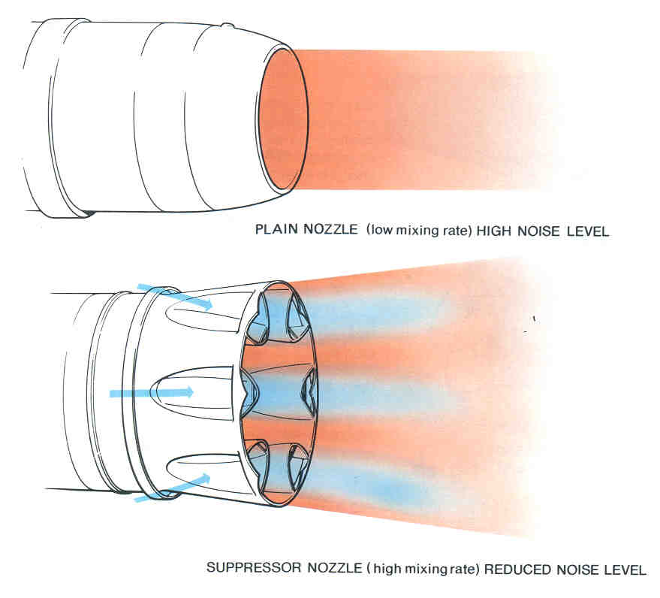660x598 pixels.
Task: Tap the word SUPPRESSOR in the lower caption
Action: [243, 569]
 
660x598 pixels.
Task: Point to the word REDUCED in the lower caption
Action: [511, 569]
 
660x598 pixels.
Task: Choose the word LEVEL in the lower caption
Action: [623, 569]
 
